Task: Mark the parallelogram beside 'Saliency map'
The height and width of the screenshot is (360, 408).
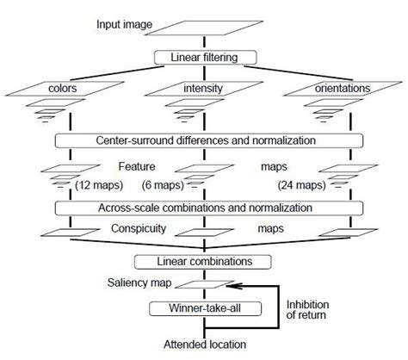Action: (x=204, y=286)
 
